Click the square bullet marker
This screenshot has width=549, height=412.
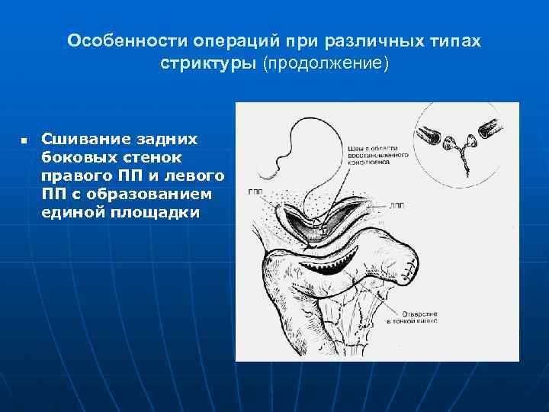coord(24,142)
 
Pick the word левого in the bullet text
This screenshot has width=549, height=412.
coord(195,175)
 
